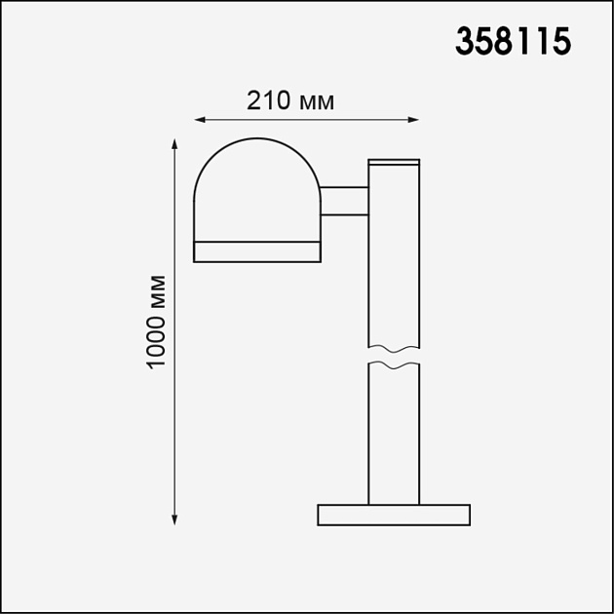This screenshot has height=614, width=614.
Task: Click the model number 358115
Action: coord(512,42)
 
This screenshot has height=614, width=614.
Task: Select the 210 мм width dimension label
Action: coord(290,101)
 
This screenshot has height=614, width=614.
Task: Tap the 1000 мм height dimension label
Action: coord(156,322)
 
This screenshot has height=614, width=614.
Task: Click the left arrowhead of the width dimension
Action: coord(199,120)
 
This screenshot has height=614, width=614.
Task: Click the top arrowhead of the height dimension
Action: coord(174,143)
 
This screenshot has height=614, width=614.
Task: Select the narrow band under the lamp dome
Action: coord(257,252)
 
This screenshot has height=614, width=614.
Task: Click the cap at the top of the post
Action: coord(394,162)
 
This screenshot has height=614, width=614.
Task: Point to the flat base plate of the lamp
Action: coord(394,515)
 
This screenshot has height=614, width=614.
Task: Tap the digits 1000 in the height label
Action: coord(156,340)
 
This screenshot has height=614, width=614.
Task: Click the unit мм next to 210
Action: coord(317,102)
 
